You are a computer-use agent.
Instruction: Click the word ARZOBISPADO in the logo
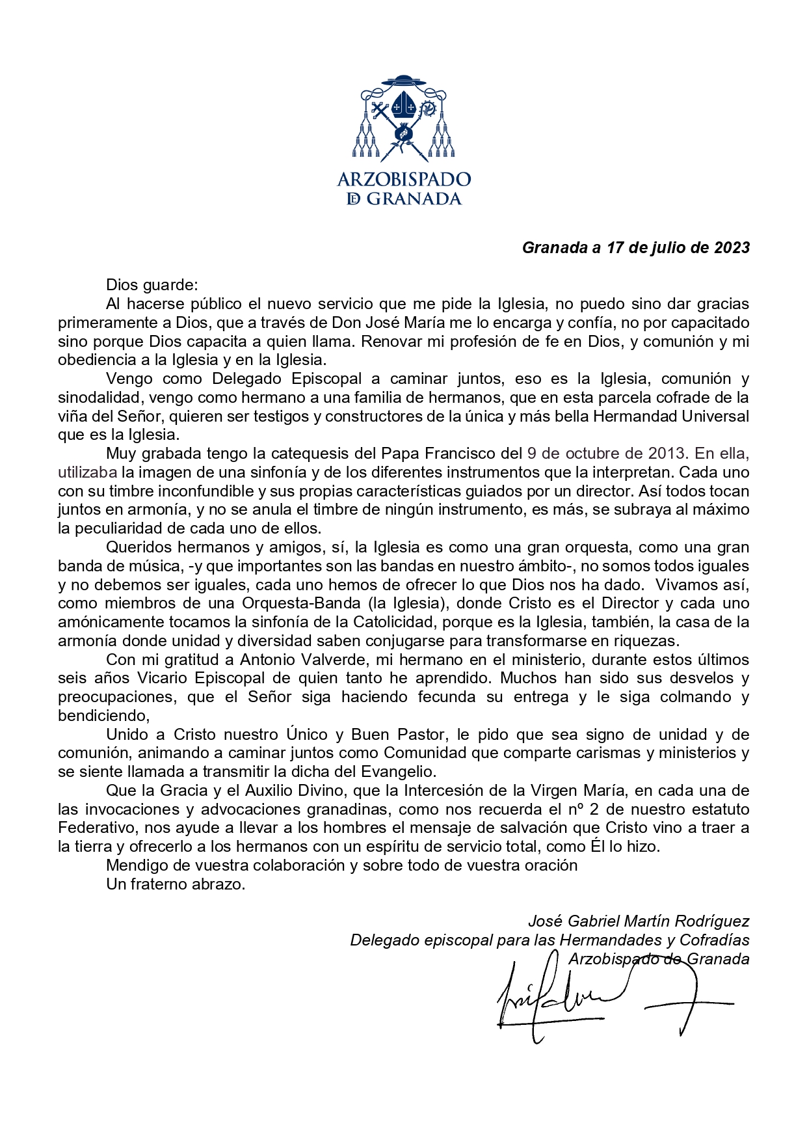coord(404,180)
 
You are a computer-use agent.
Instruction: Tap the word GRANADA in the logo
coord(414,199)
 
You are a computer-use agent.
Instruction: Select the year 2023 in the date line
coord(732,248)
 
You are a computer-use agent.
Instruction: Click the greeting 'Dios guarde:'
coord(152,285)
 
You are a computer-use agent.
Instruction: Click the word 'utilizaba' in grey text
coord(87,472)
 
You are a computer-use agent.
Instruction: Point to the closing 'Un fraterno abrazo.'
coord(176,884)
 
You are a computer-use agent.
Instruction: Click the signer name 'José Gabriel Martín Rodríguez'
coord(639,921)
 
